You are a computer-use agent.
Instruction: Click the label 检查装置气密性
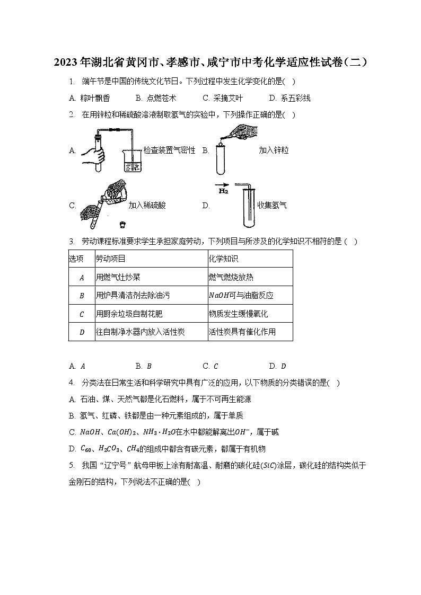pyautogui.click(x=170, y=150)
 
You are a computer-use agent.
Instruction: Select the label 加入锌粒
pyautogui.click(x=274, y=150)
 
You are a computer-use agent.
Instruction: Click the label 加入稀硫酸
pyautogui.click(x=147, y=206)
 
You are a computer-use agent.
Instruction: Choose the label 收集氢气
pyautogui.click(x=272, y=206)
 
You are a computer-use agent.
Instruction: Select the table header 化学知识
pyautogui.click(x=224, y=259)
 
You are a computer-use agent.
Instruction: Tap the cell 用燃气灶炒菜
pyautogui.click(x=118, y=277)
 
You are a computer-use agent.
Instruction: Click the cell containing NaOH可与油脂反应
pyautogui.click(x=241, y=295)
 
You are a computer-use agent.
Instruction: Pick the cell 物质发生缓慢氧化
pyautogui.click(x=238, y=314)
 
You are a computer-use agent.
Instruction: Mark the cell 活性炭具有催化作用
pyautogui.click(x=242, y=332)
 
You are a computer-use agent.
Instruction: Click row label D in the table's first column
pyautogui.click(x=82, y=333)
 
